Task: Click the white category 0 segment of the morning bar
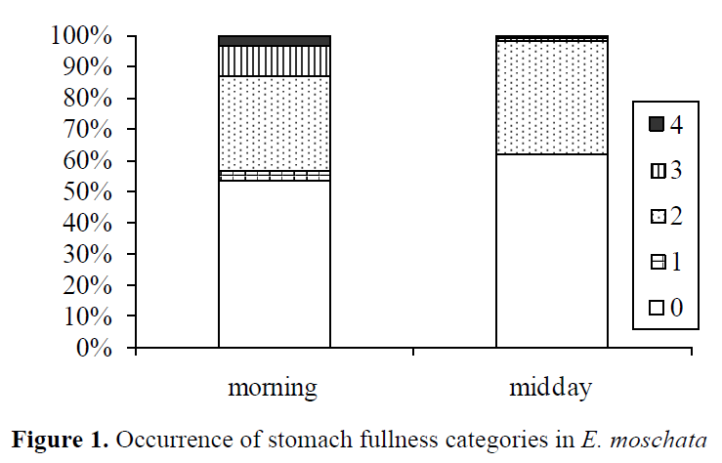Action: click(x=274, y=264)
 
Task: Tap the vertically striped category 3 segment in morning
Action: click(x=274, y=61)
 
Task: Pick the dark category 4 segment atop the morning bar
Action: click(x=274, y=41)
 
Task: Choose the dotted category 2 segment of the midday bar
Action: click(x=551, y=98)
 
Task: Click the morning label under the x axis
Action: click(x=273, y=389)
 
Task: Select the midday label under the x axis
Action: click(x=550, y=389)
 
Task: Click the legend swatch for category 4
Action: click(x=657, y=125)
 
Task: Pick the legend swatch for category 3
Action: click(x=657, y=171)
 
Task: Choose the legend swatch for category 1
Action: click(x=657, y=263)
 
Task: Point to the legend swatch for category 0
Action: click(x=657, y=309)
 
